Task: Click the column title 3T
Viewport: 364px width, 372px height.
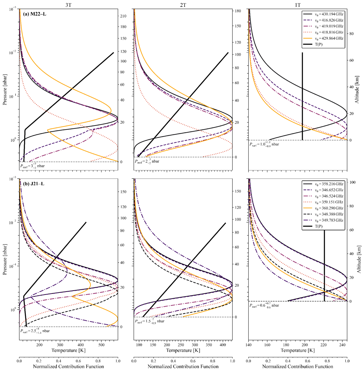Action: [x=68, y=5]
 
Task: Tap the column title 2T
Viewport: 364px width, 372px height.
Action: [x=183, y=5]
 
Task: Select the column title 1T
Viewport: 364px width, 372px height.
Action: [x=298, y=5]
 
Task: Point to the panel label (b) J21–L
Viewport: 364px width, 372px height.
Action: [x=34, y=184]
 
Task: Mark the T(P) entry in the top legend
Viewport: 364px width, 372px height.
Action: [x=318, y=44]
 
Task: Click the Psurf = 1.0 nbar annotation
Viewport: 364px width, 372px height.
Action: [x=264, y=144]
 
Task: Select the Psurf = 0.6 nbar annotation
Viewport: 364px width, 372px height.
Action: [x=264, y=305]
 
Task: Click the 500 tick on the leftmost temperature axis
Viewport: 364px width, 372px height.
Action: [x=102, y=345]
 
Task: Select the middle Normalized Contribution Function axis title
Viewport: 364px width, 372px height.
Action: [x=183, y=367]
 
